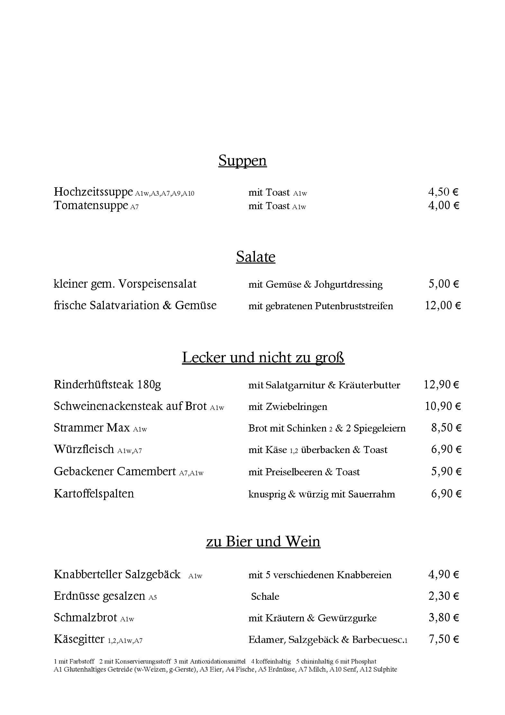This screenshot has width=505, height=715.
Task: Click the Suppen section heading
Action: pos(242,160)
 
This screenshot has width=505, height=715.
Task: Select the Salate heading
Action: pos(256,256)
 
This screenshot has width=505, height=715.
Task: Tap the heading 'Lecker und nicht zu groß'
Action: pos(263,357)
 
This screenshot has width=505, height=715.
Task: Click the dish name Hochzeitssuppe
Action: pos(93,191)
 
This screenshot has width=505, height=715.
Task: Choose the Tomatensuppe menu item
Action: pos(91,205)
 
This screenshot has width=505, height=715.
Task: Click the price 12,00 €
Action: pos(443,305)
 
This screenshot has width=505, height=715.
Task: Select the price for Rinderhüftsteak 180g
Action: pos(441,384)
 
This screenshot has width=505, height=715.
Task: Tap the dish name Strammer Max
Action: pos(92,428)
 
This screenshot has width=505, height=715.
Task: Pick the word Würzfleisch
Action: pos(84,449)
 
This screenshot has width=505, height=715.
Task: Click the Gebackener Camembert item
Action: pos(115,471)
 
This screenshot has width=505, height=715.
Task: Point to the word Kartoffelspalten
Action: pos(94,493)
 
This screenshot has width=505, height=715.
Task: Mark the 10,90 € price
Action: pos(443,406)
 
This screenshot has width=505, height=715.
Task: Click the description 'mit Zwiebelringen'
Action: pos(288,406)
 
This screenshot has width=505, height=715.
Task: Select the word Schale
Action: pos(265,596)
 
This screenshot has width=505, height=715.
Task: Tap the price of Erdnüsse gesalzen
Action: pos(443,596)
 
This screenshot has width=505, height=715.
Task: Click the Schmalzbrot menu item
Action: pos(85,617)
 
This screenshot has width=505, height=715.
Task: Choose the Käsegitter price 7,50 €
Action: pos(443,639)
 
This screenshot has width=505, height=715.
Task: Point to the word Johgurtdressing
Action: pos(348,284)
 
